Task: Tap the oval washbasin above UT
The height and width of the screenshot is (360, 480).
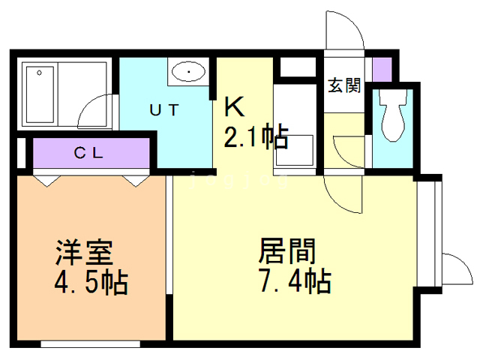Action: pos(187,73)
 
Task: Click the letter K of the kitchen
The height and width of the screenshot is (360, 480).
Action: pos(235,107)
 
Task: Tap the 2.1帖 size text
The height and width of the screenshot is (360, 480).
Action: pos(255,136)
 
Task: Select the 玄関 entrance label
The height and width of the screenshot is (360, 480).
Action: pos(343,85)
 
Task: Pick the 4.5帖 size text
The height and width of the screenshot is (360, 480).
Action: pos(91,283)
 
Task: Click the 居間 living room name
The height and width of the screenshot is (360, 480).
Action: pos(286,250)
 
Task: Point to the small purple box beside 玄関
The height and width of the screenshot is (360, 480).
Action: pos(382,68)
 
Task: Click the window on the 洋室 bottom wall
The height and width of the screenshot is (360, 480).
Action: pos(90,344)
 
